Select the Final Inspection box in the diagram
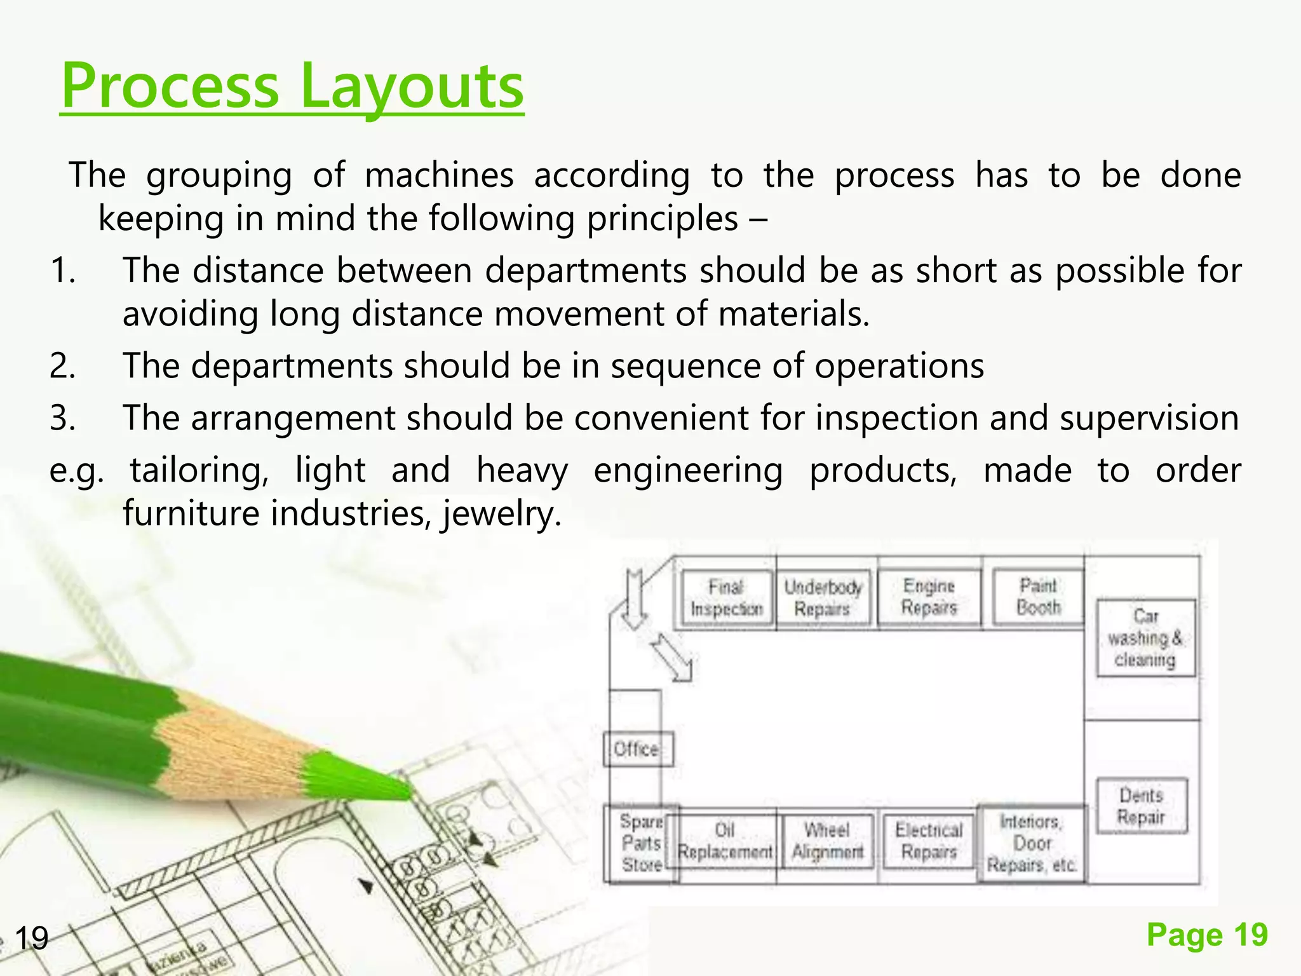(x=727, y=598)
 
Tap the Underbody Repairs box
(x=823, y=598)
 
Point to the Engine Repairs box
(x=929, y=597)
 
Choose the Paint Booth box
(x=1039, y=597)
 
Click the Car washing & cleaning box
(x=1145, y=637)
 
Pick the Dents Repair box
(x=1142, y=806)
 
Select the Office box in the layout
(x=637, y=749)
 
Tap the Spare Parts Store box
(x=641, y=843)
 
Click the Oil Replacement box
(x=725, y=841)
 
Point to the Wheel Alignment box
(x=827, y=841)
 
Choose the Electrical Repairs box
(x=929, y=841)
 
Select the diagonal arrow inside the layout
(x=672, y=658)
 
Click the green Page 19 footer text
(x=1207, y=935)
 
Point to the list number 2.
(x=62, y=367)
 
